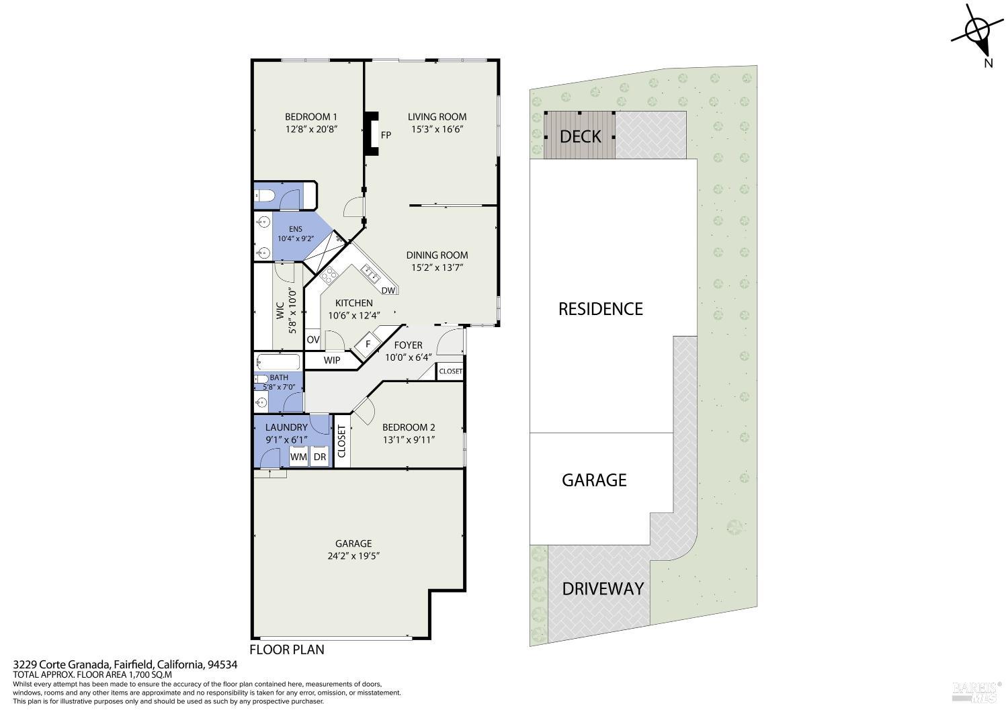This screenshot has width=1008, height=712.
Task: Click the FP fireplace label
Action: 386,135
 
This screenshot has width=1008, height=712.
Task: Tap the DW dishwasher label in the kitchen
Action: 388,291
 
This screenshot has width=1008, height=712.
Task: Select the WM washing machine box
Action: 298,457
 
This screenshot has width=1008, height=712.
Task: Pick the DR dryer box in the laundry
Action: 319,457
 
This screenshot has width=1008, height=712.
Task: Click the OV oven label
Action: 312,340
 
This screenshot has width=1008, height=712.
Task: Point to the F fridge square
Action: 368,345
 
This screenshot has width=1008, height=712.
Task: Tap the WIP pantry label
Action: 332,360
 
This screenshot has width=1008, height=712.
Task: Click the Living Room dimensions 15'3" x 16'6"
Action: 437,129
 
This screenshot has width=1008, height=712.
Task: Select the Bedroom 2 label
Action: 409,427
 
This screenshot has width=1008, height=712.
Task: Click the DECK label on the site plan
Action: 580,136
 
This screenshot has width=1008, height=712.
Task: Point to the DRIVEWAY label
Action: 603,589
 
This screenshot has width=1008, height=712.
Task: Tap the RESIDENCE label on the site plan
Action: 600,309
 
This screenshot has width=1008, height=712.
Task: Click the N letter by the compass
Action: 989,63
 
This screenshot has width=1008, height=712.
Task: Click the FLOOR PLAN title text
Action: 287,650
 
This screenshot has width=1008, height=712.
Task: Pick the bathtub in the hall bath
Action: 278,362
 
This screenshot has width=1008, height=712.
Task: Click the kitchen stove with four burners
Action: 330,274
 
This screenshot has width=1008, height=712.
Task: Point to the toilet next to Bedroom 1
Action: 265,195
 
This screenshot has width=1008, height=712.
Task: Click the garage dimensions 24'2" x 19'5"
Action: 353,556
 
